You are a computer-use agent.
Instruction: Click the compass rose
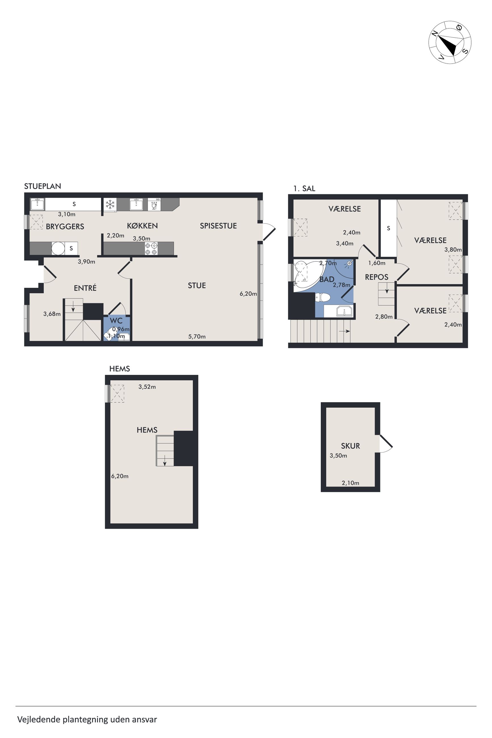click(x=450, y=42)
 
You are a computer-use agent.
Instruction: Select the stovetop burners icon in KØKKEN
click(x=151, y=249)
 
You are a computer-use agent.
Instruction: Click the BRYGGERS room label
click(x=65, y=227)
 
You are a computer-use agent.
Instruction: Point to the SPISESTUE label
click(x=218, y=226)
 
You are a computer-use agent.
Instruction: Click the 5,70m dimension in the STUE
click(x=197, y=337)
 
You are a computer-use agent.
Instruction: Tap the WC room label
click(x=116, y=321)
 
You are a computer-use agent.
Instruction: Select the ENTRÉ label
click(x=85, y=288)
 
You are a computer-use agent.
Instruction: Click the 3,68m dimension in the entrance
click(x=52, y=314)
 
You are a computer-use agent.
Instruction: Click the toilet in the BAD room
click(x=322, y=297)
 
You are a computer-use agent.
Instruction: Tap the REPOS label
click(x=376, y=277)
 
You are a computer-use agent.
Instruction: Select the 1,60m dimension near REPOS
click(x=377, y=263)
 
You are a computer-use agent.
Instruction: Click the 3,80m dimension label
click(x=453, y=250)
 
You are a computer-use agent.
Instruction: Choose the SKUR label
click(x=351, y=446)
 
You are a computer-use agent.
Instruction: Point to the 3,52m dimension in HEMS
click(x=147, y=387)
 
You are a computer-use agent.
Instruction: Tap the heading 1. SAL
click(x=304, y=188)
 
